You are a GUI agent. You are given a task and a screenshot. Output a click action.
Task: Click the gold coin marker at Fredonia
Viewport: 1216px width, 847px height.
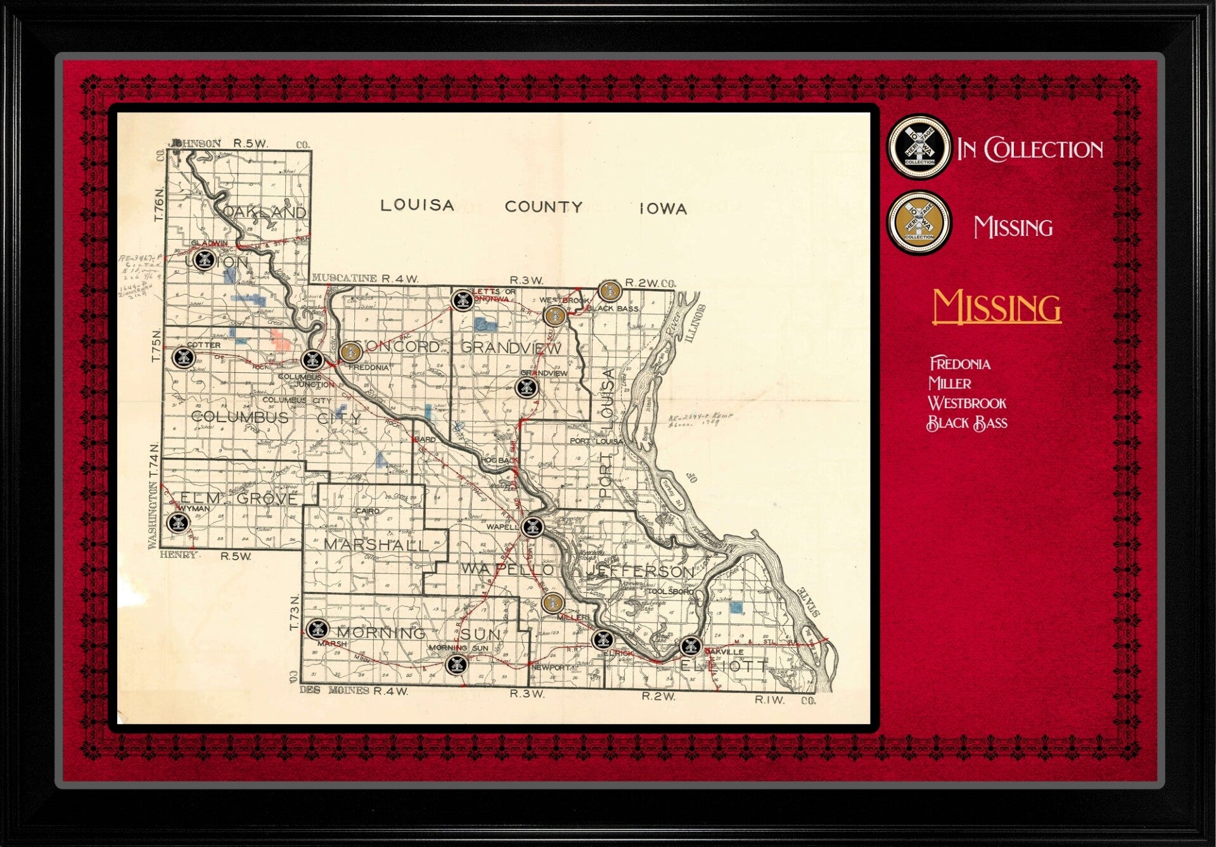click(x=350, y=351)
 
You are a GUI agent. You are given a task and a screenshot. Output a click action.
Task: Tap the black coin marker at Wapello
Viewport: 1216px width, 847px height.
click(x=532, y=526)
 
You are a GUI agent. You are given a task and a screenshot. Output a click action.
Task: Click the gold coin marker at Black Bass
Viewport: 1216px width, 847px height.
click(x=609, y=290)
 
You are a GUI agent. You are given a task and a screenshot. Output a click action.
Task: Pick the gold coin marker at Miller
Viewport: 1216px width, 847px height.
click(x=553, y=602)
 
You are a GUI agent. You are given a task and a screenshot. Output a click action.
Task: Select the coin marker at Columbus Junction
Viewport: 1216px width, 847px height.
click(x=312, y=359)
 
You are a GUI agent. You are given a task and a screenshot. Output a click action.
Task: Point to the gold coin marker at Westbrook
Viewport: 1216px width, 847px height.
click(x=554, y=316)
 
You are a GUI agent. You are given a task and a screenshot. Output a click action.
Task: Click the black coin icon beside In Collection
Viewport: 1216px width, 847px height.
click(x=918, y=148)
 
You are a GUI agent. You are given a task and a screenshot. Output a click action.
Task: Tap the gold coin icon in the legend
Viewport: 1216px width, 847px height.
click(x=918, y=223)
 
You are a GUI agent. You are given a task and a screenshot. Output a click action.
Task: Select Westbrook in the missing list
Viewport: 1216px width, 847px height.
click(x=967, y=403)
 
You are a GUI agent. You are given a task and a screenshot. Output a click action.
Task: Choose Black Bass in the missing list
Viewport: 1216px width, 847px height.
click(x=967, y=423)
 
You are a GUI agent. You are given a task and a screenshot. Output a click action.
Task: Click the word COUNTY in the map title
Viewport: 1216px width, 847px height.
click(x=543, y=207)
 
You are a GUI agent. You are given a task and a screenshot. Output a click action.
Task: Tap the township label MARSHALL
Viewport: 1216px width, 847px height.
click(x=373, y=544)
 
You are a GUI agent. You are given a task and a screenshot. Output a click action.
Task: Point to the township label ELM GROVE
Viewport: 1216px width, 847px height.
click(x=239, y=498)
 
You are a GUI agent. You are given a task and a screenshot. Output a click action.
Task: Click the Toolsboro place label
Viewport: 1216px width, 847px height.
click(x=672, y=592)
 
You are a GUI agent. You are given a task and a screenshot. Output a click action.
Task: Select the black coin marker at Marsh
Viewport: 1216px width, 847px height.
click(x=316, y=628)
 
